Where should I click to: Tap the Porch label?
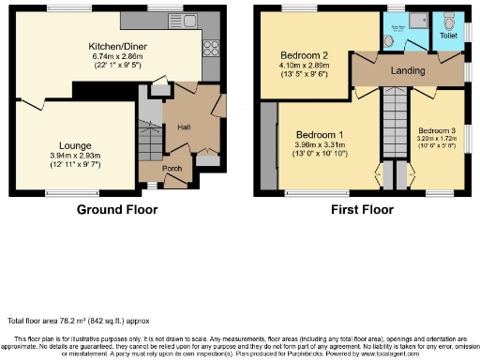pos(172,169)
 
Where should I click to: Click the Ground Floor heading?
pos(117,209)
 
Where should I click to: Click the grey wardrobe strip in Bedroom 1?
pos(270,146)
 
